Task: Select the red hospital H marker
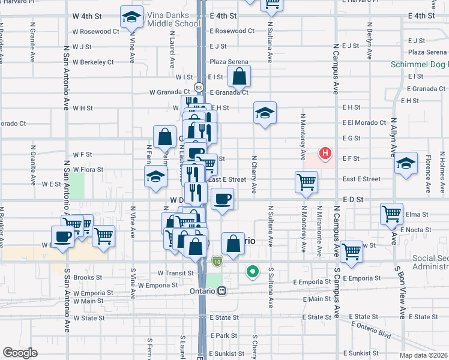[325, 154]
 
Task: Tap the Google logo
[20, 353]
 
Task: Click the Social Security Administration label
[430, 262]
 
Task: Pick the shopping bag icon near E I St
[239, 76]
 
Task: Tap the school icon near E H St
[264, 113]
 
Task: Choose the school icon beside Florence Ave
[406, 163]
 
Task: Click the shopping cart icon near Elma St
[391, 213]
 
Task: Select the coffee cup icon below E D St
[222, 199]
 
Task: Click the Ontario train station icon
[222, 291]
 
